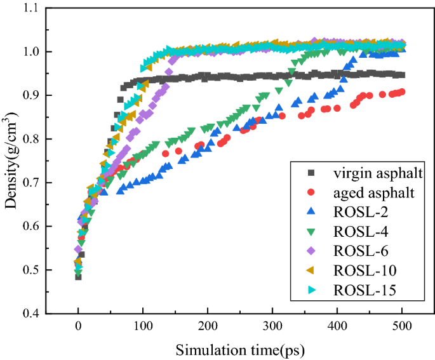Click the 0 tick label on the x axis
(x=78, y=326)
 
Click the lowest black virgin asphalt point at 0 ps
(x=78, y=277)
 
